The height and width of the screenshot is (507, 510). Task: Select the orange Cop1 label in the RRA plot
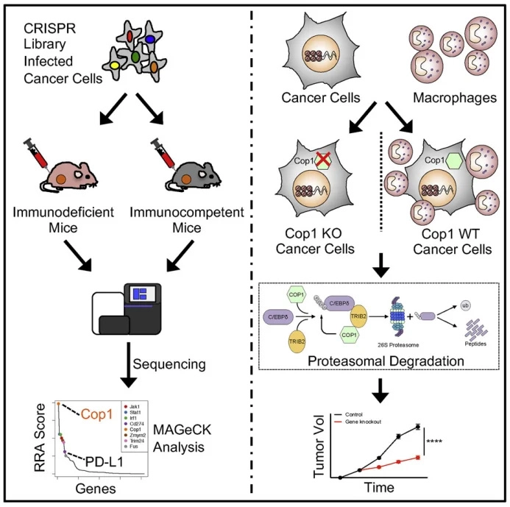[95, 414]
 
